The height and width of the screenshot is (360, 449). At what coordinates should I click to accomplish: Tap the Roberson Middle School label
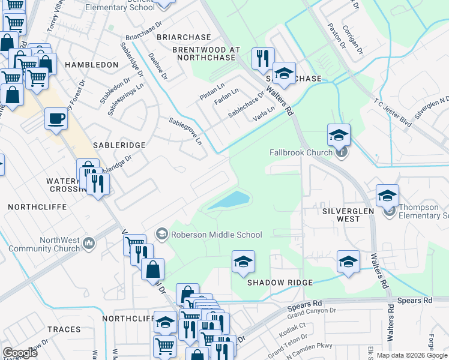coord(217,235)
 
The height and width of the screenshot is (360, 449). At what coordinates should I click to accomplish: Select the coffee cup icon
coord(56,118)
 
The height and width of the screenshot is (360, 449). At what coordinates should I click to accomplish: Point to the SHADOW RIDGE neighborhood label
coord(280,283)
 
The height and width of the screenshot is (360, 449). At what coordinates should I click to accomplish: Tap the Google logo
coord(20,352)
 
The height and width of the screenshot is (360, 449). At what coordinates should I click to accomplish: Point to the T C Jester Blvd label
coord(393,112)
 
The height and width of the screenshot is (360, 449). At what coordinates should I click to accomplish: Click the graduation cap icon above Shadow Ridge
coord(244,261)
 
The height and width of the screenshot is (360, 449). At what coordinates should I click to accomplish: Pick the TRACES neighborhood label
coord(63,329)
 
